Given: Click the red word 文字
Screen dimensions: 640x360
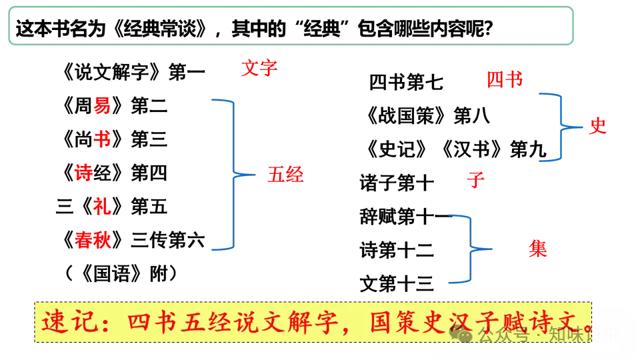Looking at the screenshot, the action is (259, 68).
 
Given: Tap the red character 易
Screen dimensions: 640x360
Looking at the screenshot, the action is (102, 105).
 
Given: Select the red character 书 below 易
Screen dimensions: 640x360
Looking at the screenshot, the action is (102, 139).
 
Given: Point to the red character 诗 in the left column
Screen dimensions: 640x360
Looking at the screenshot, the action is (84, 173).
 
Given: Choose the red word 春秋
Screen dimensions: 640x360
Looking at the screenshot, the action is (93, 240).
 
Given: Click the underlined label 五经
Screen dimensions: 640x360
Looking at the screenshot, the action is (285, 175).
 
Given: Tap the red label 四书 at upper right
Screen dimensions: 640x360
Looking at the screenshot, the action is (504, 81).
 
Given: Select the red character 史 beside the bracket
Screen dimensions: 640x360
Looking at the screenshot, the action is (597, 127).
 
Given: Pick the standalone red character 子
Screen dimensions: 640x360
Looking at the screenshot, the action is (475, 180).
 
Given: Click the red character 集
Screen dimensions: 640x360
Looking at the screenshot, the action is (538, 249).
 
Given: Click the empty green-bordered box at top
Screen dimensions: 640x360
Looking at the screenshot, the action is (290, 26).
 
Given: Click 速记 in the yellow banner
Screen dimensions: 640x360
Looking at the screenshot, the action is (65, 322).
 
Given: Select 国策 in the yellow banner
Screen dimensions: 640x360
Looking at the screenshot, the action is (386, 322).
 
